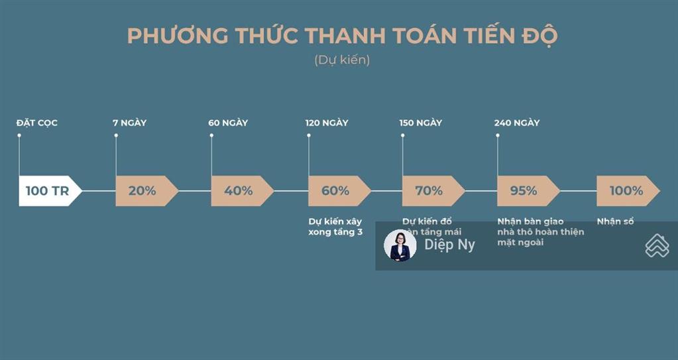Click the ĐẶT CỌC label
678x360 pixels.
(37, 123)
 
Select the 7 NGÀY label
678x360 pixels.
(130, 123)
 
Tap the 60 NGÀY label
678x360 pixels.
(228, 123)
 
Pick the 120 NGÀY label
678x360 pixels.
(327, 123)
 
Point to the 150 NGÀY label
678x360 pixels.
(421, 123)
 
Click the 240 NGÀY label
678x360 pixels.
(517, 123)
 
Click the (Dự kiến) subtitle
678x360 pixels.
(342, 60)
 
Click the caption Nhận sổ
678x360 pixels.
(615, 221)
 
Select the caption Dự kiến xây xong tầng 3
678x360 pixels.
(335, 227)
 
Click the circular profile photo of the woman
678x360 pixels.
(400, 245)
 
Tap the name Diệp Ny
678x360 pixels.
(450, 245)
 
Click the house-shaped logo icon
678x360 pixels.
(657, 245)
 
